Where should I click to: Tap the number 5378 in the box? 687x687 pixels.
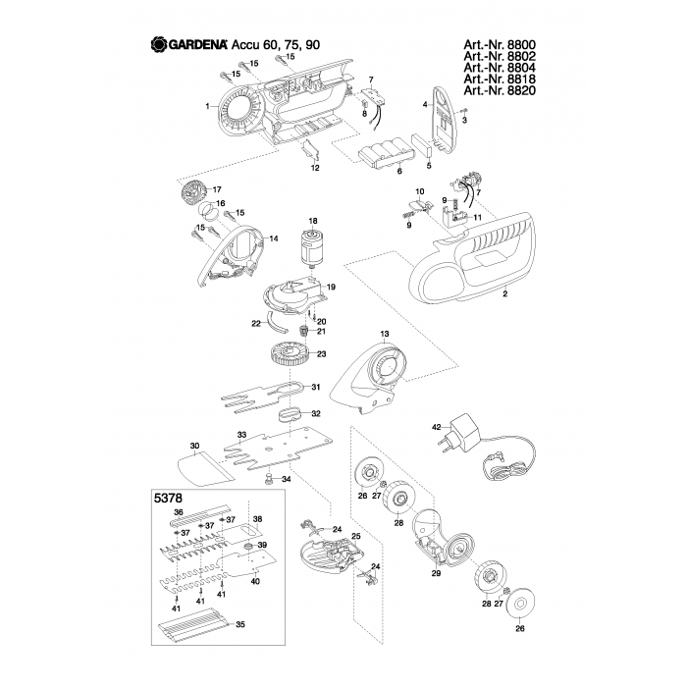170,498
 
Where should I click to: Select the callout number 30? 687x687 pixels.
194,446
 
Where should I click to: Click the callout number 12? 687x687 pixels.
315,169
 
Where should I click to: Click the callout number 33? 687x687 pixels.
239,434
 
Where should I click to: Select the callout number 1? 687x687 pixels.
207,105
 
